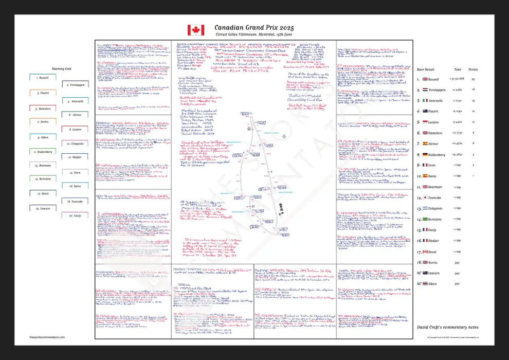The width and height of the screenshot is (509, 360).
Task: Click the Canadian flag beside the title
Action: (x=196, y=30)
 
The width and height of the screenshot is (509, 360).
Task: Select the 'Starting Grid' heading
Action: (x=62, y=68)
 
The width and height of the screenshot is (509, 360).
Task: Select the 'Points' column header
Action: (x=473, y=68)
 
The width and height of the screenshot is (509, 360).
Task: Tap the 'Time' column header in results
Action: (x=457, y=68)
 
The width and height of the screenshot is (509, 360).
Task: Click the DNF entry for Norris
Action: (x=457, y=262)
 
